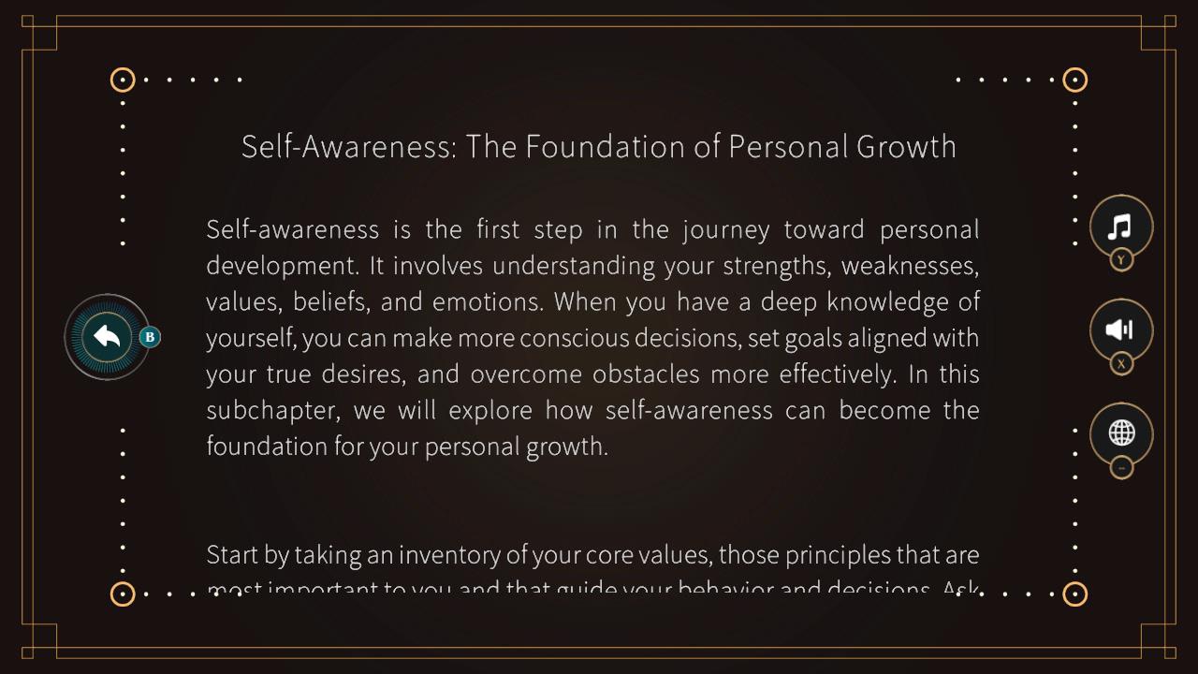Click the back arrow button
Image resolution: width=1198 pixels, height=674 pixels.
107,337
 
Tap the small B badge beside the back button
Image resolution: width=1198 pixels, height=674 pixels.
150,337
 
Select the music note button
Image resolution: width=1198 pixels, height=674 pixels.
1120,226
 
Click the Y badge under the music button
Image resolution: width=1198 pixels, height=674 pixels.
1121,260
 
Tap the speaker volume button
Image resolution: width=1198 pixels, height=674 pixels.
1120,330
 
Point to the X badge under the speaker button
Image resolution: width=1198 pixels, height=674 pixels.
1121,364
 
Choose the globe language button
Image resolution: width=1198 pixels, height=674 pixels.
1121,432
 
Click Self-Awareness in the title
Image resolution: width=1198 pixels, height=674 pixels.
349,147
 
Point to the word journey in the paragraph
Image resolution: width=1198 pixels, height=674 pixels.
725,230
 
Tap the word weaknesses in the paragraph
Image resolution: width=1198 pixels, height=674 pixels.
910,267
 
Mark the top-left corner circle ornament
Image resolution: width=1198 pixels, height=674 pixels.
123,80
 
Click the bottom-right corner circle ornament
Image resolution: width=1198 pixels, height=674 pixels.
1075,593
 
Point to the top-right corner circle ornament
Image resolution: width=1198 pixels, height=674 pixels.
1075,80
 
